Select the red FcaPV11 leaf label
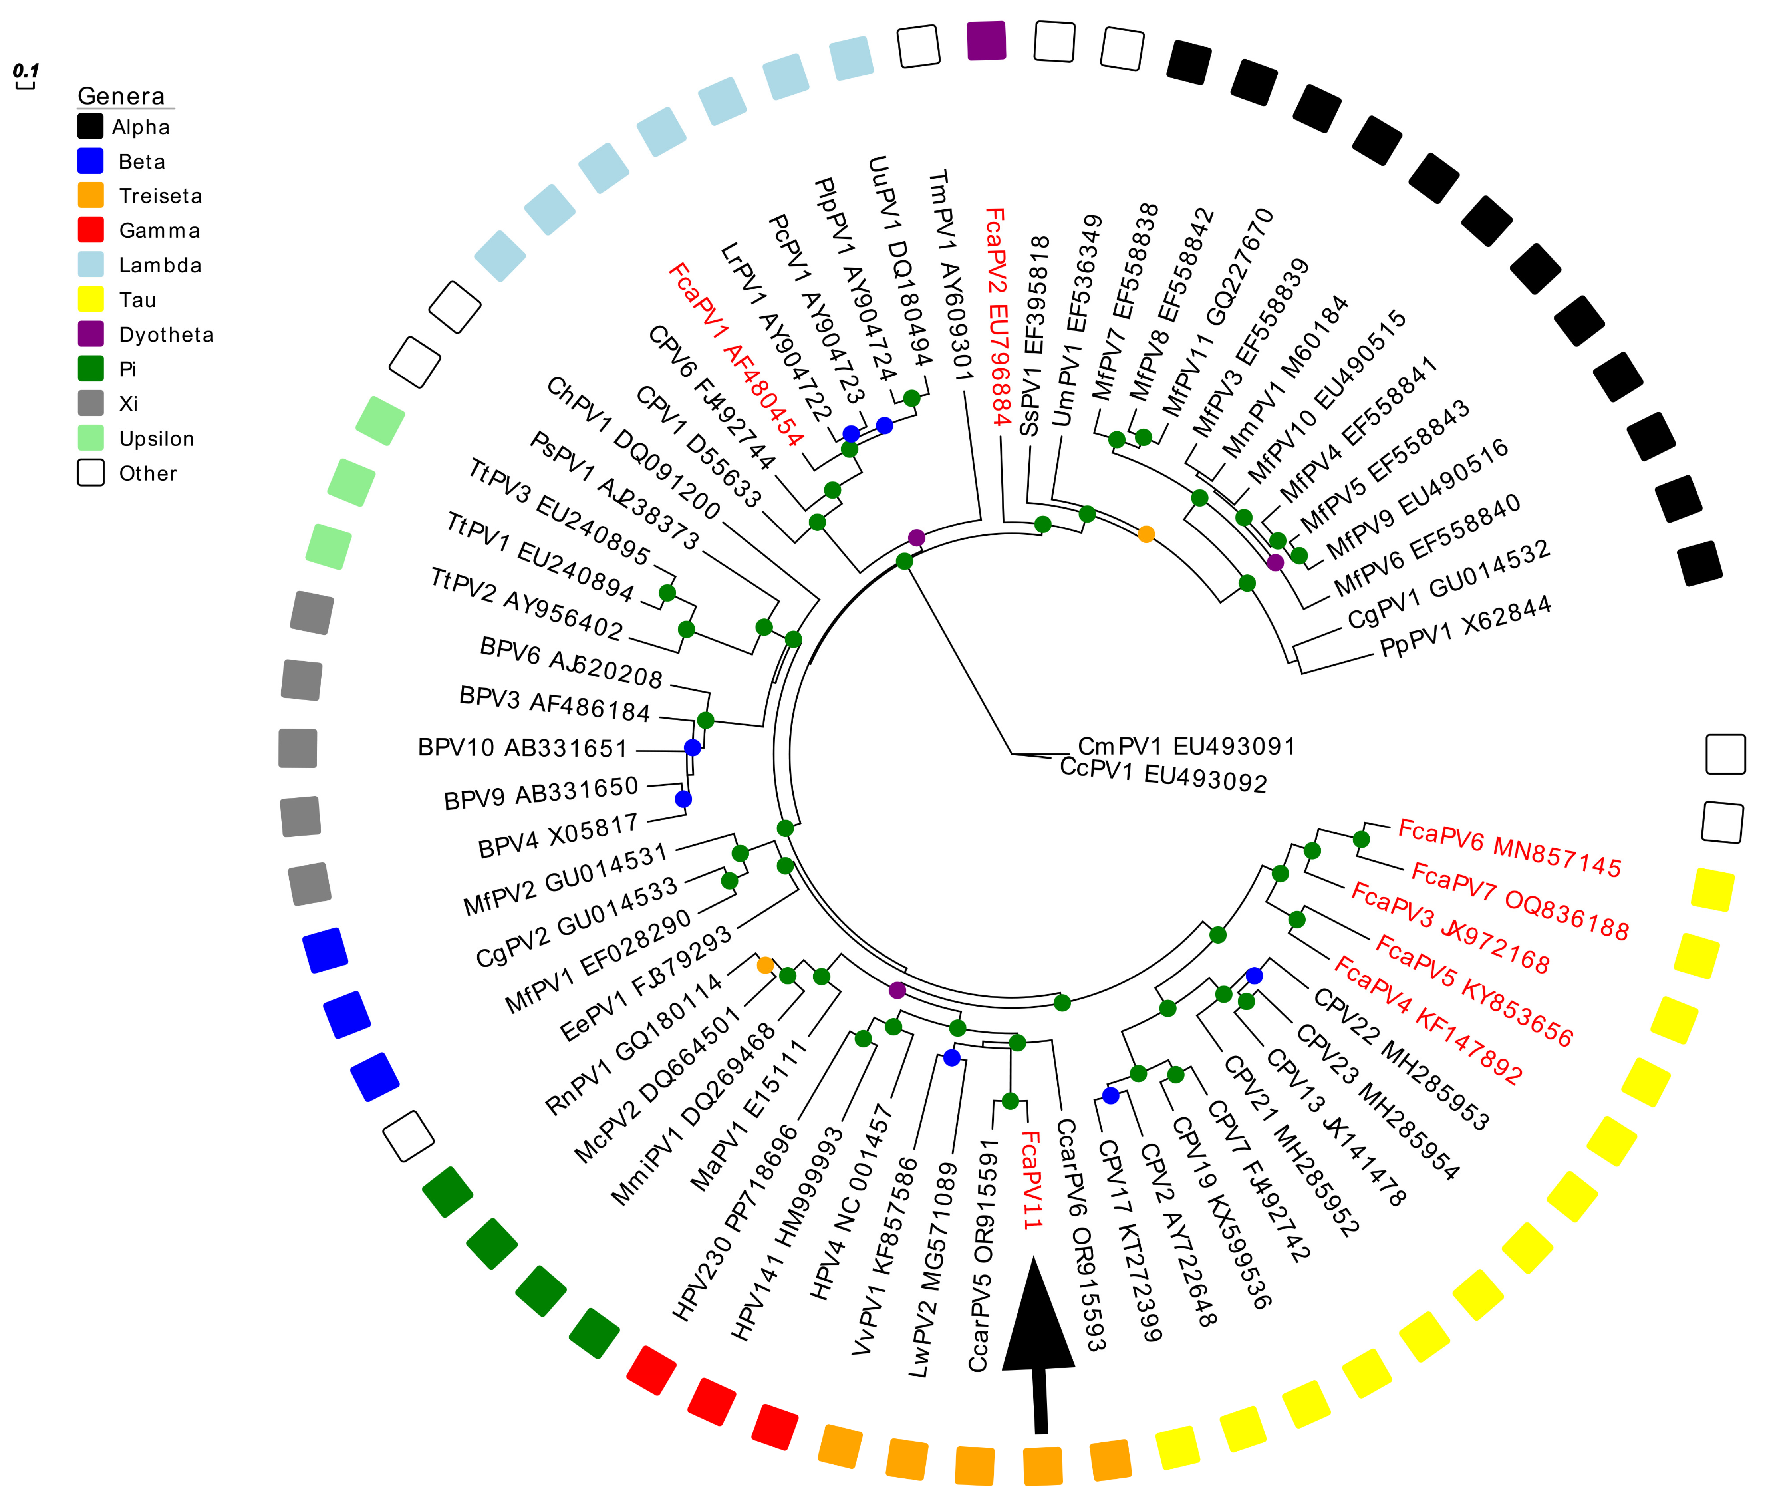(x=1031, y=1180)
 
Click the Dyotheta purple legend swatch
(x=90, y=334)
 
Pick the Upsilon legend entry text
(x=157, y=439)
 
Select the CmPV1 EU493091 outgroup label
(x=1186, y=746)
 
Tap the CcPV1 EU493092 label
(x=1163, y=775)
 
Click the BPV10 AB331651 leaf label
(x=522, y=748)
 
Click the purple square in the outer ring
(x=987, y=41)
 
